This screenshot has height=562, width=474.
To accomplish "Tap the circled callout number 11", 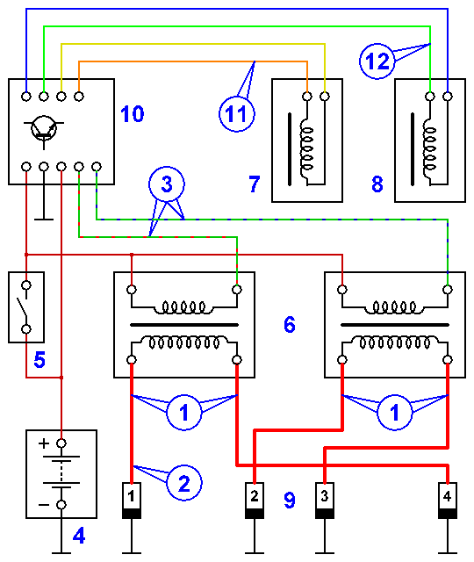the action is point(236,113).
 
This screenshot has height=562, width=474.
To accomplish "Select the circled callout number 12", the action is point(377,61).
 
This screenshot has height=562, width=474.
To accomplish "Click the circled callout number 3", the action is point(167,184).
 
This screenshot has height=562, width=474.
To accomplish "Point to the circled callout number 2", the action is point(184,483).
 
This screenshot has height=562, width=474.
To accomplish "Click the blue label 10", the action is point(133,114).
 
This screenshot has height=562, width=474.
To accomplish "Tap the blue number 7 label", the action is point(254,184).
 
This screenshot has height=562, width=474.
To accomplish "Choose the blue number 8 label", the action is point(377,184).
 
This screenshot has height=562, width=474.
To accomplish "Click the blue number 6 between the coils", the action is point(290,325).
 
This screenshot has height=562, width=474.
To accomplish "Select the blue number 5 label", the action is point(39,360).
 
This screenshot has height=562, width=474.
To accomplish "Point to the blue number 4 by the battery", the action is point(79,536).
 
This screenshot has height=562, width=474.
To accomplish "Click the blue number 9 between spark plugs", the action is point(290,501).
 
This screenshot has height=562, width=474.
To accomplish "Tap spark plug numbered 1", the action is point(132,501).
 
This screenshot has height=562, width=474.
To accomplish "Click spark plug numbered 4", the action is point(448,501).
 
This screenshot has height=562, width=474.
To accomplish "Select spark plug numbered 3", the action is point(325,501).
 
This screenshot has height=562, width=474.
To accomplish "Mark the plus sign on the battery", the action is point(44,443).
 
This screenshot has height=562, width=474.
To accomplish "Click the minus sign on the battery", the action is point(44,505).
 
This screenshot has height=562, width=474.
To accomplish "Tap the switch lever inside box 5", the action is point(22,307).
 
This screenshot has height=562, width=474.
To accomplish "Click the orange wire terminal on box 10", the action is point(79,96).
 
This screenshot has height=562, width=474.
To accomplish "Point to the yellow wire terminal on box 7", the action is point(325,96).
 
